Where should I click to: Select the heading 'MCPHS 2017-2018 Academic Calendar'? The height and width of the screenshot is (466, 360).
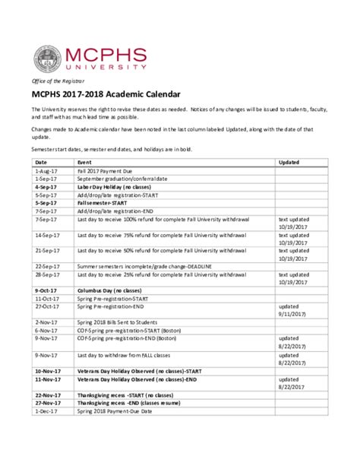106,95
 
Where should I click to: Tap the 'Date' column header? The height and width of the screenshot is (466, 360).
41,163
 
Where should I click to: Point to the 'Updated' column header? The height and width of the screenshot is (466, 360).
289,163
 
